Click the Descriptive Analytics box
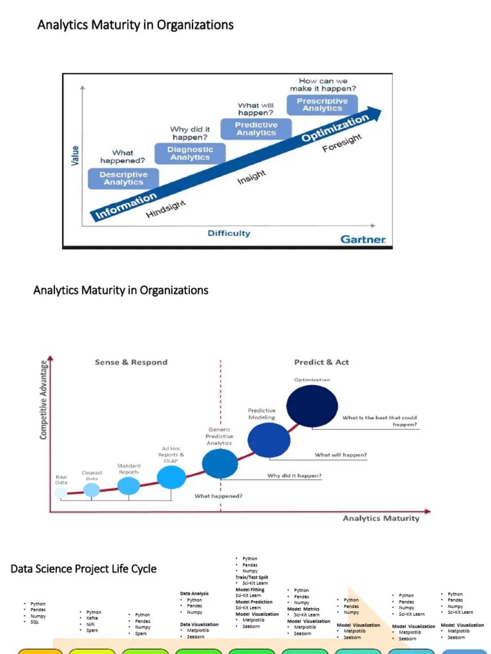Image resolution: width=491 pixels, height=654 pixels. click(123, 178)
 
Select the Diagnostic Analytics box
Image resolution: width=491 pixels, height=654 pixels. click(190, 153)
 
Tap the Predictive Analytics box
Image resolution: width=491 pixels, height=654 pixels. click(256, 129)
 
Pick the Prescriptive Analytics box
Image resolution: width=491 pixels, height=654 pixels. click(322, 105)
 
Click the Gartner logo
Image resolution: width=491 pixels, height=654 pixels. click(363, 240)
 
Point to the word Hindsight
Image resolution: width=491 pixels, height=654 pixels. click(166, 208)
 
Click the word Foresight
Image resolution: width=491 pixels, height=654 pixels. click(342, 143)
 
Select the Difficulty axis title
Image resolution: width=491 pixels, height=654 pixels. click(229, 233)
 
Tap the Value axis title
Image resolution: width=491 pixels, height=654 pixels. click(75, 156)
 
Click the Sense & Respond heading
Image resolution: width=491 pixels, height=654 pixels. click(131, 362)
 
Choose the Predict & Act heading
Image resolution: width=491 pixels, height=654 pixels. click(322, 362)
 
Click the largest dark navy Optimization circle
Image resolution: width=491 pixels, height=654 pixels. click(312, 406)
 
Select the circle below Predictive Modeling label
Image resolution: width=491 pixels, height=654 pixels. click(269, 440)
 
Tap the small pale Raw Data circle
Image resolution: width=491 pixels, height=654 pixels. click(61, 492)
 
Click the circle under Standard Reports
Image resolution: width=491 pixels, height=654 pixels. click(129, 486)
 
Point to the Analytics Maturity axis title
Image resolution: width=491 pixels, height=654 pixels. click(381, 518)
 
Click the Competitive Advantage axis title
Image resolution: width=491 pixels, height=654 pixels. click(44, 400)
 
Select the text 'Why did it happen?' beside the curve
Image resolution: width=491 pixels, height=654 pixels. click(294, 476)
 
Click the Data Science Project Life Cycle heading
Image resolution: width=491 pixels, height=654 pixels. click(83, 568)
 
